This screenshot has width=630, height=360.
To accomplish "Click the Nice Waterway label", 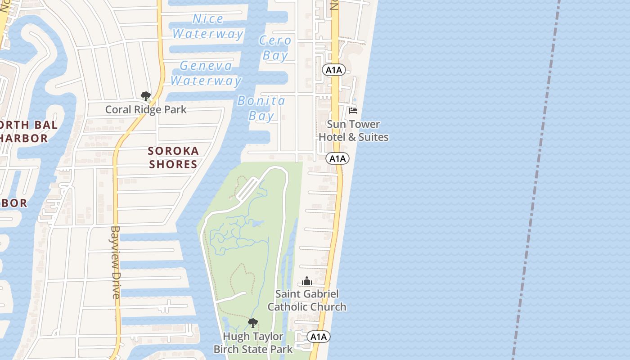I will tap(208, 27).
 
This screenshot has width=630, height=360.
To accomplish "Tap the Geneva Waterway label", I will tap(206, 73).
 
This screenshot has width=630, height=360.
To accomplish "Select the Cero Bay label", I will tap(275, 48).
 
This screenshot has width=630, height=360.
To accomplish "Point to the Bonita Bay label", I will tap(261, 108).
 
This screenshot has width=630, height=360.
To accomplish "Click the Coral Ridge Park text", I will tap(145, 109).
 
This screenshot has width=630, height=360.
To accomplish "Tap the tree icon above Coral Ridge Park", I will tap(145, 96).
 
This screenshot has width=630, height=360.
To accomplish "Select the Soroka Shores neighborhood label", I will tap(173, 157).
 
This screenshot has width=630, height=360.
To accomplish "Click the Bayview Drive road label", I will tap(116, 262).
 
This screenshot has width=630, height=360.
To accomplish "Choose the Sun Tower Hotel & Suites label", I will tap(353, 130).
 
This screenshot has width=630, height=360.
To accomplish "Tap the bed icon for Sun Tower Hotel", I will tap(353, 110).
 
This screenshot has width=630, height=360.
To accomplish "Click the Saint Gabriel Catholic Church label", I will tap(307, 300).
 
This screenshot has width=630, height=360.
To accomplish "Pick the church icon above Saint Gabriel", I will tap(307, 281).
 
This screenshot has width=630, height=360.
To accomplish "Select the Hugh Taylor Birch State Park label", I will tap(253, 342).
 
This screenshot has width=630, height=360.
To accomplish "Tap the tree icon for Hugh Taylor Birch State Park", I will tap(253, 323).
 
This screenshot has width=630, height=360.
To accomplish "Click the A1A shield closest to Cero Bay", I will tap(334, 70).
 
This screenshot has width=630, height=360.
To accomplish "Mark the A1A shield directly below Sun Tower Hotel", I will tap(337, 158).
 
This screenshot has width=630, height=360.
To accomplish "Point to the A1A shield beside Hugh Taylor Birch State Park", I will tap(319, 337).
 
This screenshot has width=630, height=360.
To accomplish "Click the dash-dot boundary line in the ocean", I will tap(535, 180).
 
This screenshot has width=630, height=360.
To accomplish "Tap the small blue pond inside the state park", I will tap(257, 223).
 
